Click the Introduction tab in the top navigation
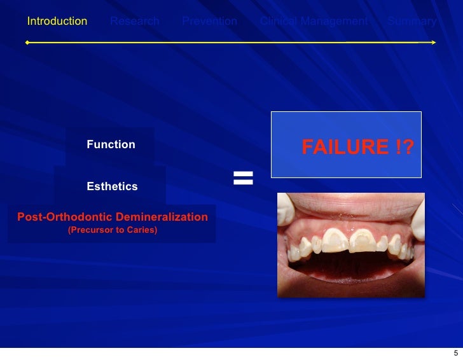[x=57, y=21]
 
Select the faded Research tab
[x=134, y=21]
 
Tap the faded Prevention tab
[x=209, y=21]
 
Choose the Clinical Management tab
[x=314, y=21]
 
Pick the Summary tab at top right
[x=412, y=21]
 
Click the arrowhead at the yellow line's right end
[x=433, y=42]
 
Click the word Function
[x=111, y=144]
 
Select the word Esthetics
[x=112, y=186]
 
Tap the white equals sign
[x=243, y=178]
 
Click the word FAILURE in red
[x=343, y=148]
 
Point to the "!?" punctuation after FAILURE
[x=401, y=148]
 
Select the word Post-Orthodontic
[x=62, y=218]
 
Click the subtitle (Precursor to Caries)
[x=112, y=230]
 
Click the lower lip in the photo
[x=350, y=283]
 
